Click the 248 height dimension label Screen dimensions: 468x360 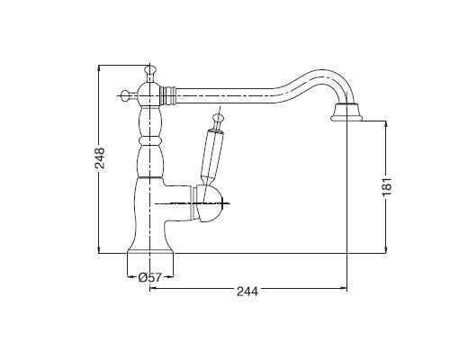[x=99, y=158]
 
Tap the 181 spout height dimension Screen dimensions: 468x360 [x=387, y=186]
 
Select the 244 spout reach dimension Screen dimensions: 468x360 [x=247, y=291]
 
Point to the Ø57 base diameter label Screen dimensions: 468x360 [x=150, y=277]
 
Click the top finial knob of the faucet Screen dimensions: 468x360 [x=150, y=70]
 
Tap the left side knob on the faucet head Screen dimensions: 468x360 [x=126, y=95]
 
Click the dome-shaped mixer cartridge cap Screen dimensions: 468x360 [x=209, y=204]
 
